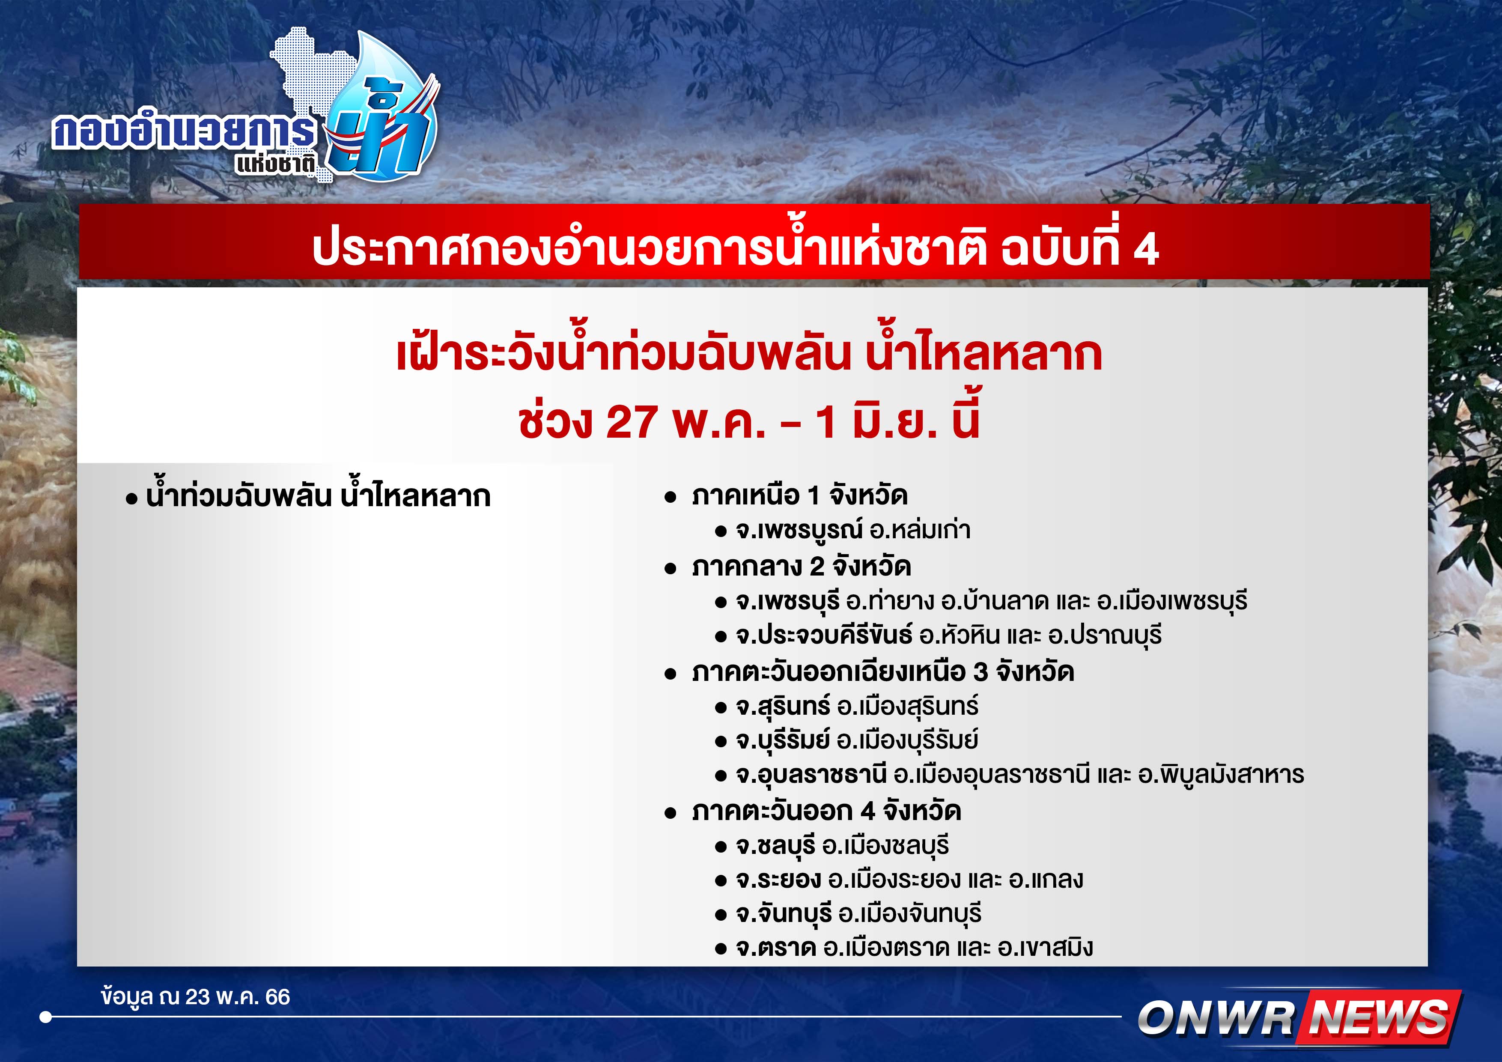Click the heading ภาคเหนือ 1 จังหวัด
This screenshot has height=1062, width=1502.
pos(799,495)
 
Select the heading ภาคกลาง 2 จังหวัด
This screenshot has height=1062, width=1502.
pos(802,566)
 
